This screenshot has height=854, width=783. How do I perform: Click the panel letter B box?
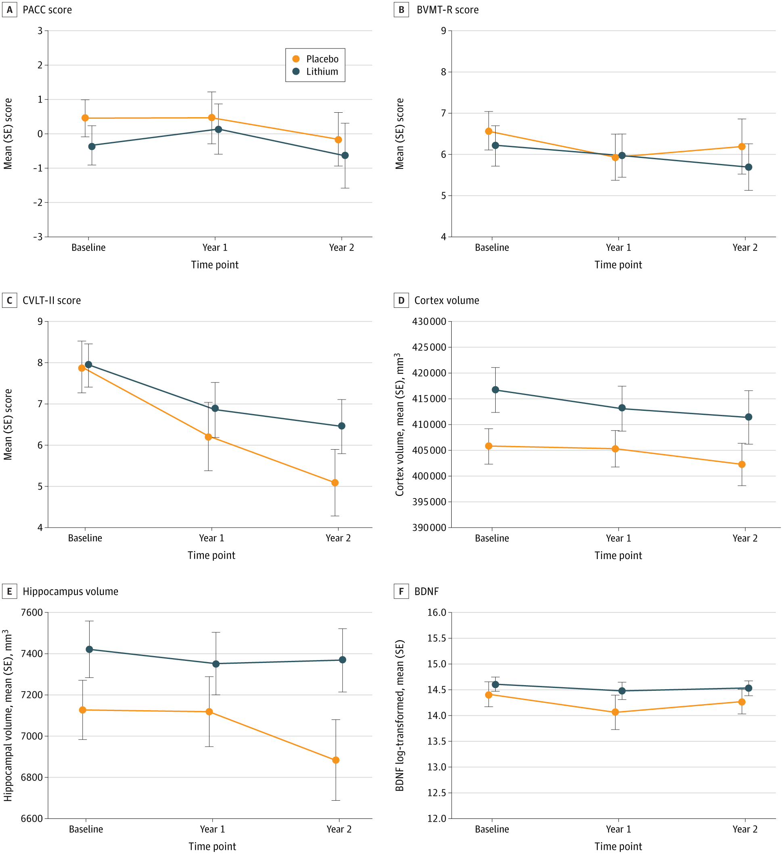point(401,10)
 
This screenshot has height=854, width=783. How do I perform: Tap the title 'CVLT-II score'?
point(51,301)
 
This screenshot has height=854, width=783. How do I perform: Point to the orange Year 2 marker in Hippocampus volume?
point(335,760)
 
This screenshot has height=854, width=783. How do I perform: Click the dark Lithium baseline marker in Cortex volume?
point(495,390)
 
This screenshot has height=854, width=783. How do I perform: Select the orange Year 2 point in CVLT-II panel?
point(335,483)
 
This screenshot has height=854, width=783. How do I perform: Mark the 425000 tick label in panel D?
point(429,347)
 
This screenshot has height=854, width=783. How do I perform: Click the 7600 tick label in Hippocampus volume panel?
point(32,612)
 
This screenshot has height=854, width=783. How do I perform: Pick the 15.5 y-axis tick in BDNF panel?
point(436,638)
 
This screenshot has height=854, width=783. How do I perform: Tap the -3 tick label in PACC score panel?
point(38,237)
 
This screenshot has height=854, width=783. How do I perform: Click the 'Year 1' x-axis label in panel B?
point(618,248)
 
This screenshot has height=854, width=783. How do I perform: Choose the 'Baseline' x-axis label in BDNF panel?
point(492,829)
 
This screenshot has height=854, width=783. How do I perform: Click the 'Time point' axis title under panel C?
point(211,555)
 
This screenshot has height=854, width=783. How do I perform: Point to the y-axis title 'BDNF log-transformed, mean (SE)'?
point(400,715)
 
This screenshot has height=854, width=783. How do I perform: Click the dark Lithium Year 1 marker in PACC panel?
point(218,129)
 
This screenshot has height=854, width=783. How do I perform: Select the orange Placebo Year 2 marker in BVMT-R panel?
point(741,147)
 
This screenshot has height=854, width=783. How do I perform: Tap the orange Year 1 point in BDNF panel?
point(615,712)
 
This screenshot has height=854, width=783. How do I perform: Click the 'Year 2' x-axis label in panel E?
point(339,829)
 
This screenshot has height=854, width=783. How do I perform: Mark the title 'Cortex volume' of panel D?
point(446,301)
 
